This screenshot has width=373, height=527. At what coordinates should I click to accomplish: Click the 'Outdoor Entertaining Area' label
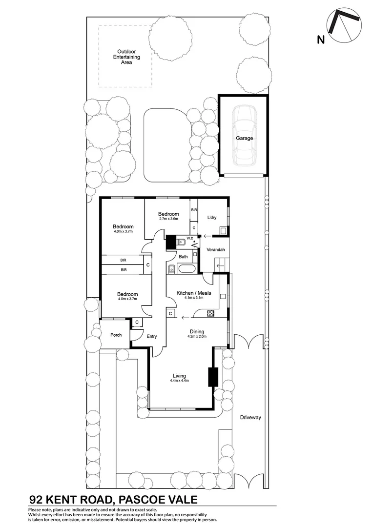[126, 57]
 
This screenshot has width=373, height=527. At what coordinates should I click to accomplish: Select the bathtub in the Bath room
[186, 268]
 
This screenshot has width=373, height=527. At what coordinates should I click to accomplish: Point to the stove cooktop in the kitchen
[211, 314]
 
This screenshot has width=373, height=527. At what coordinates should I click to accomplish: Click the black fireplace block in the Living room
[213, 376]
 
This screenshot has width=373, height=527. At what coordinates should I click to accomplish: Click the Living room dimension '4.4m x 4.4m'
[179, 381]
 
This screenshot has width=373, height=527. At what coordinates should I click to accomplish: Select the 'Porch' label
[116, 335]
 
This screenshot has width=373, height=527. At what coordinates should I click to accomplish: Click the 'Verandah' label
[215, 250]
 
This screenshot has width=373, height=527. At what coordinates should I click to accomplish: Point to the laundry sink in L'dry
[223, 230]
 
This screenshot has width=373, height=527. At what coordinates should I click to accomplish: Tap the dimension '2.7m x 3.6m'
[168, 219]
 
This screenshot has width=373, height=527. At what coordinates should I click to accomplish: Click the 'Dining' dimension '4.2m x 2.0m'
[197, 336]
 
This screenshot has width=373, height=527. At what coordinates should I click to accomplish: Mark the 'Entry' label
[152, 336]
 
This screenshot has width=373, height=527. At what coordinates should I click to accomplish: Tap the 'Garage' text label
[245, 138]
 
